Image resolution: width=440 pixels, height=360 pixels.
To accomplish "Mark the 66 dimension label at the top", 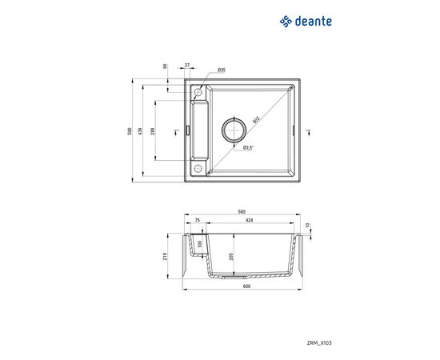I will point(165,67).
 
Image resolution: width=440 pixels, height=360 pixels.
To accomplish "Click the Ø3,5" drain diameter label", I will point(248,147).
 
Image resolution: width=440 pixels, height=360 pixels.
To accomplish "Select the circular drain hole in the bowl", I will point(234,130).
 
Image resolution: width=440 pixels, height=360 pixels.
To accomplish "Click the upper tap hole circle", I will point(197,94).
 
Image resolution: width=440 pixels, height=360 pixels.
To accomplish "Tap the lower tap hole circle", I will point(197,168).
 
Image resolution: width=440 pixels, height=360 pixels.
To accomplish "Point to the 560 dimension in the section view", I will point(241,213).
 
